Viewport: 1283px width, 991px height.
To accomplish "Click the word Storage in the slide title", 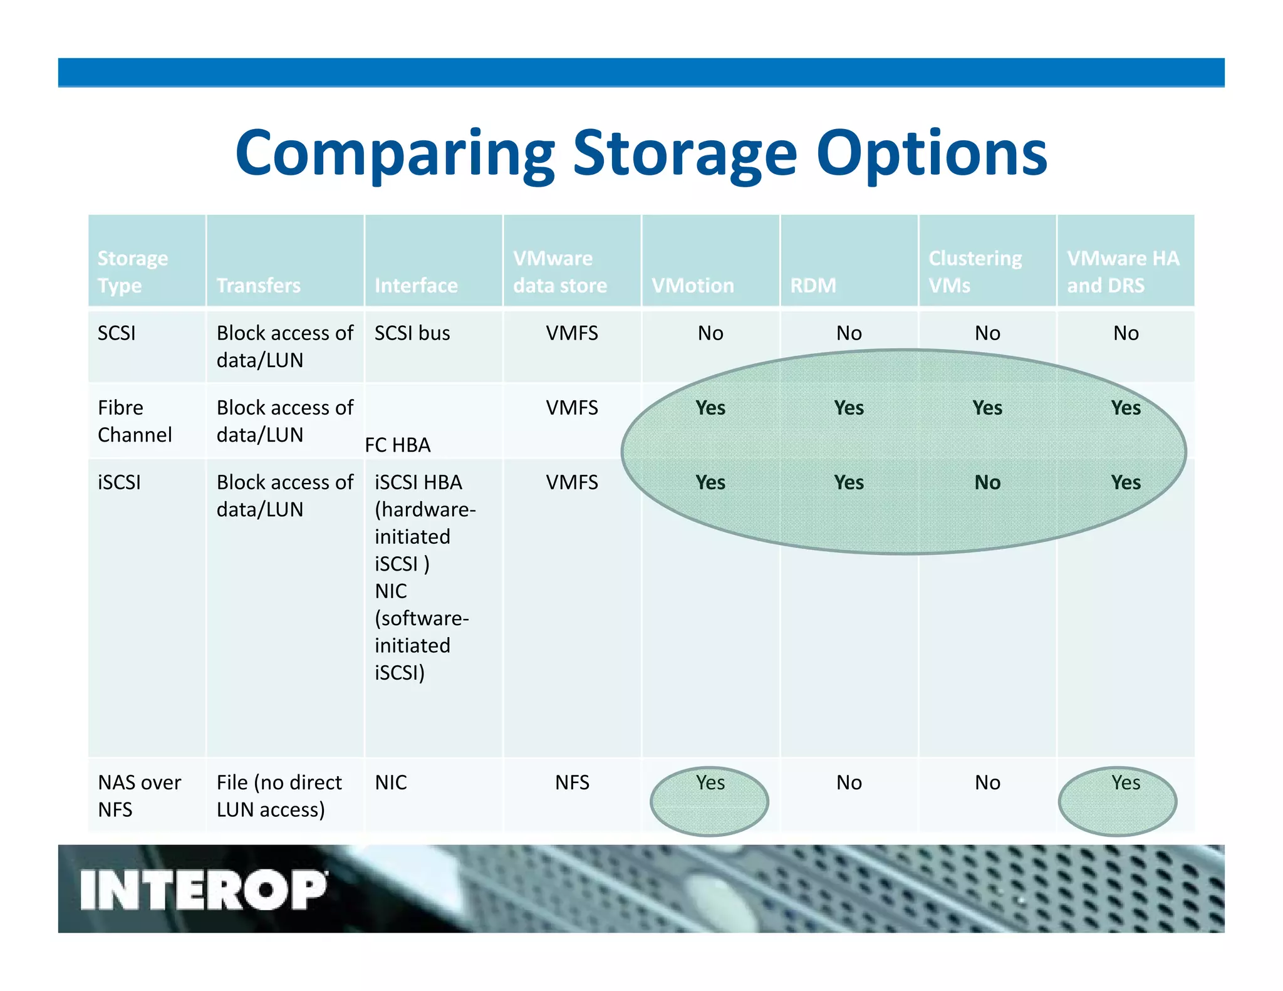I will point(684,153).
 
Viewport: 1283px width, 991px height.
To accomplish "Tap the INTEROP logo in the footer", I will point(203,890).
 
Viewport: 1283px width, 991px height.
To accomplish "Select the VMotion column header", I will point(692,286).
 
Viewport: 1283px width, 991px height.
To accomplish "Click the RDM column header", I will point(813,286).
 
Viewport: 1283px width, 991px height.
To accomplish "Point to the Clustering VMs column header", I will point(974,272).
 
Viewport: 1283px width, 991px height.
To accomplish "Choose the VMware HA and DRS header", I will point(1123,272).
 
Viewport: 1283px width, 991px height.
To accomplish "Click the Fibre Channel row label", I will point(134,421).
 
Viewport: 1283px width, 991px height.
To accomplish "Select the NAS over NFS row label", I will point(139,796).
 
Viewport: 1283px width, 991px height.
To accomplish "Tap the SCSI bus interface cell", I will point(412,333).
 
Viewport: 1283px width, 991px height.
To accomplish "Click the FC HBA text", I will point(397,445).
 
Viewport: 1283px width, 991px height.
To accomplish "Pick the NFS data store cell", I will point(572,782).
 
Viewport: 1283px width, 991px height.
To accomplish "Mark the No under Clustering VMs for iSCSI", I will point(987,482).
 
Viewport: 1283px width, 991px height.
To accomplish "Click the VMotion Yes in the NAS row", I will point(710,782).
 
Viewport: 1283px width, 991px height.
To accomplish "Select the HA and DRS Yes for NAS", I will point(1125,782).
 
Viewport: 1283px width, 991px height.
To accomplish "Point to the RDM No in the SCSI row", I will point(849,333).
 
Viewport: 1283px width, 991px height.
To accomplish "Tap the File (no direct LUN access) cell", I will point(279,796).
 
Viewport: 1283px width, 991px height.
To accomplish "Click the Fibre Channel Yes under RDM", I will point(849,408).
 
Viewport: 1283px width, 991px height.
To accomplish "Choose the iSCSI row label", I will point(119,482).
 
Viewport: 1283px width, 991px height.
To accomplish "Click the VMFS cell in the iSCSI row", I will point(572,482).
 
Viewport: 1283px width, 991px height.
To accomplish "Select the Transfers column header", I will point(258,286).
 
